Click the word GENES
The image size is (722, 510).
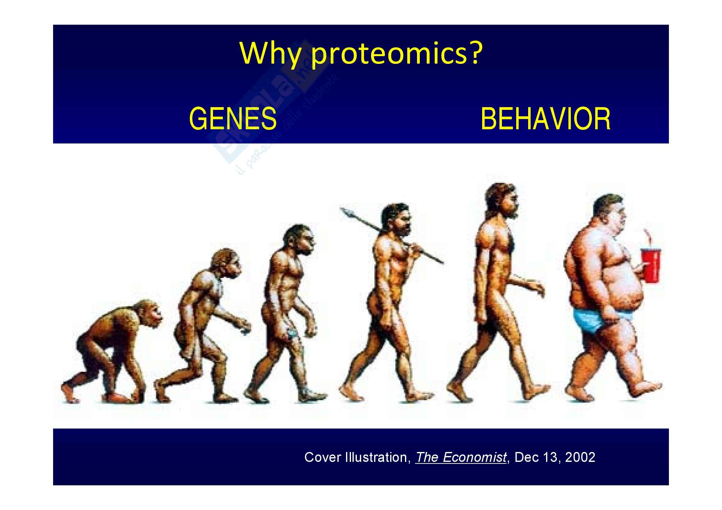coord(233,118)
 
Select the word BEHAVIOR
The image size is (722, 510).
coord(545,118)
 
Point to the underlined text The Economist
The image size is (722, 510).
coord(461,457)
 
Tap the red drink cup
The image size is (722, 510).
coord(651,266)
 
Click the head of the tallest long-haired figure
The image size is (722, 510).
coord(502,201)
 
